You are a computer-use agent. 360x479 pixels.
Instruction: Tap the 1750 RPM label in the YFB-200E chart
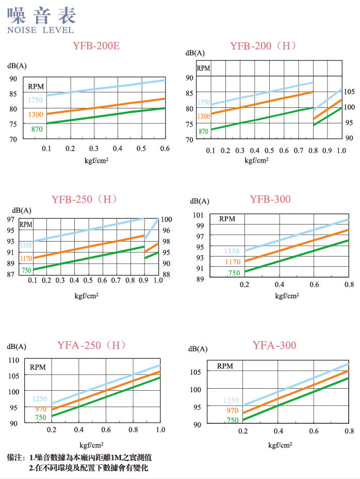36,100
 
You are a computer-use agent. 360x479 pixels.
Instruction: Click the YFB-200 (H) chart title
263,46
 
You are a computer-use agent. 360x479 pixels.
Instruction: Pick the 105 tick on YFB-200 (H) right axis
350,91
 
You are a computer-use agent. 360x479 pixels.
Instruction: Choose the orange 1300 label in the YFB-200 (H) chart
203,117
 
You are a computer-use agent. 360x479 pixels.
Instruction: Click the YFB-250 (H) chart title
85,199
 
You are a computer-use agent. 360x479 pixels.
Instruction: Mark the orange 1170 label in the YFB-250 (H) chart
26,258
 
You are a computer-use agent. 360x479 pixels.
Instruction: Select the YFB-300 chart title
270,199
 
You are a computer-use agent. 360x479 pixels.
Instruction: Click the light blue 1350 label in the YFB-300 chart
232,251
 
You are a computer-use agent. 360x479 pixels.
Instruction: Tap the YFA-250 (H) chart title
92,346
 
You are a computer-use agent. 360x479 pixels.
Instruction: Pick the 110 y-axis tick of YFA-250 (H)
13,360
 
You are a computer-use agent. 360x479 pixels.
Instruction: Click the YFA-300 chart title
274,345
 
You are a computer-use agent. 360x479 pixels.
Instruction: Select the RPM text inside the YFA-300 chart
225,366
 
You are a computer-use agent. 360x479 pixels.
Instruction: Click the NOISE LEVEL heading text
41,30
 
